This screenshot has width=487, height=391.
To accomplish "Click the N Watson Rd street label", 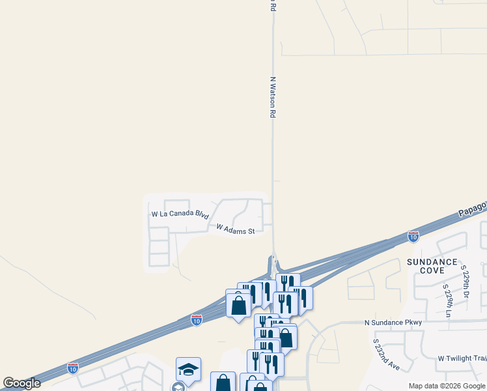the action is [273, 96].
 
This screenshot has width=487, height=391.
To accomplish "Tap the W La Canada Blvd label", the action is [179, 214].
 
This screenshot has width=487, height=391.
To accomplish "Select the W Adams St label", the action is [235, 229].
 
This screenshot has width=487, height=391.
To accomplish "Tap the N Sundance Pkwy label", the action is [393, 323].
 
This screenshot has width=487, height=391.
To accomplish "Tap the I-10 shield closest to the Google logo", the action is [73, 368].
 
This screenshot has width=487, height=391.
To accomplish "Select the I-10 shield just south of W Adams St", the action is [197, 319].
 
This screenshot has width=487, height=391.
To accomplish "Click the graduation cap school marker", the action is [188, 369].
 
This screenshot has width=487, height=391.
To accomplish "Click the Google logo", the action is [21, 383].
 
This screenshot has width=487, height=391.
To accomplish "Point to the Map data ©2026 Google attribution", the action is [446, 386].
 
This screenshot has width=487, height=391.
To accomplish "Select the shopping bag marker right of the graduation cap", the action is [223, 383].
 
